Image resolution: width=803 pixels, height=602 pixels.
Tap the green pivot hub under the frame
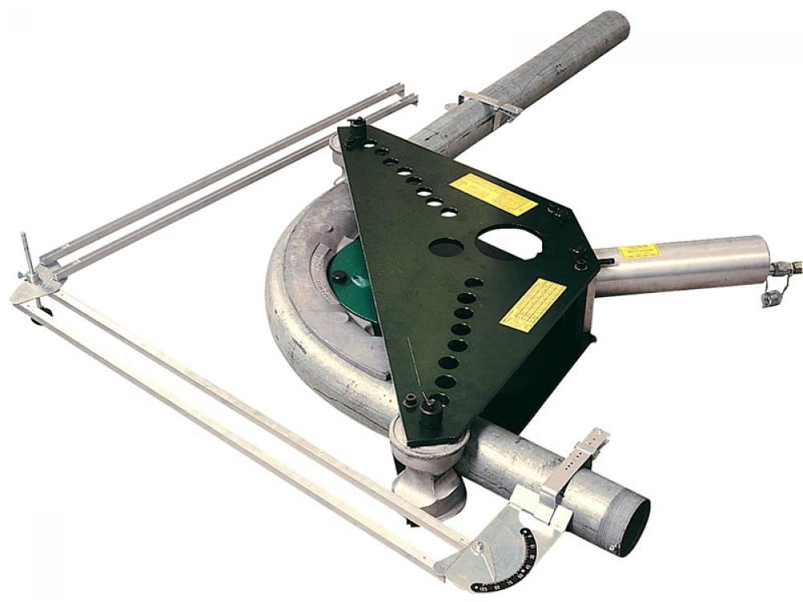[353, 277]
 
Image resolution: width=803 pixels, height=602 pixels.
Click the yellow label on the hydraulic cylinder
[638, 251]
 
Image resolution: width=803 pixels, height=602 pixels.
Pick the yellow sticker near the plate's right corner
[533, 304]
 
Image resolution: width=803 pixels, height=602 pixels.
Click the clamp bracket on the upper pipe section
[489, 104]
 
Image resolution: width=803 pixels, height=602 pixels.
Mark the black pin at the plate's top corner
[355, 128]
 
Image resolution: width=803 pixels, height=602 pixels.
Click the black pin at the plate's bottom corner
[430, 413]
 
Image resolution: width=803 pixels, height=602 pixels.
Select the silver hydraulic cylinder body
[683, 265]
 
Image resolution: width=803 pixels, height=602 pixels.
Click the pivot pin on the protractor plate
[479, 548]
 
